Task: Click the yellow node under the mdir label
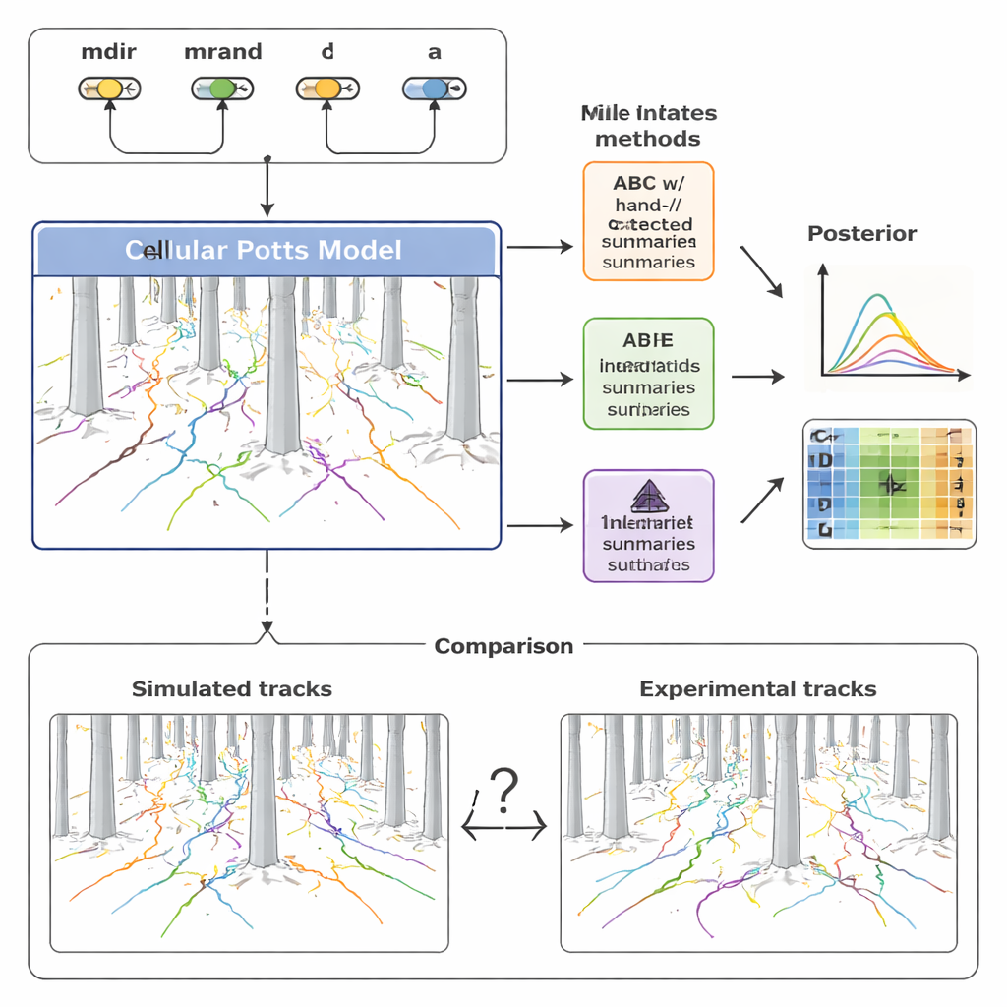[x=110, y=89]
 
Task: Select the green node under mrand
[x=222, y=89]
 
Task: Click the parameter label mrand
[x=222, y=52]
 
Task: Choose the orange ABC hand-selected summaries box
[x=648, y=221]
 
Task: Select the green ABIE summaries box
[x=648, y=374]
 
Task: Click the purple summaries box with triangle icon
[x=648, y=525]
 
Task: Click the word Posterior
[x=861, y=234]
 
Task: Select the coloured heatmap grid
[x=890, y=484]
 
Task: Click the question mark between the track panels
[x=503, y=791]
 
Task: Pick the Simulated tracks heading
[x=232, y=689]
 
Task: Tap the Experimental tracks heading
[x=757, y=689]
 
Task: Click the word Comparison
[x=503, y=646]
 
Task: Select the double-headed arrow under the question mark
[x=503, y=830]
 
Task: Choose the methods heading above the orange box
[x=648, y=126]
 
